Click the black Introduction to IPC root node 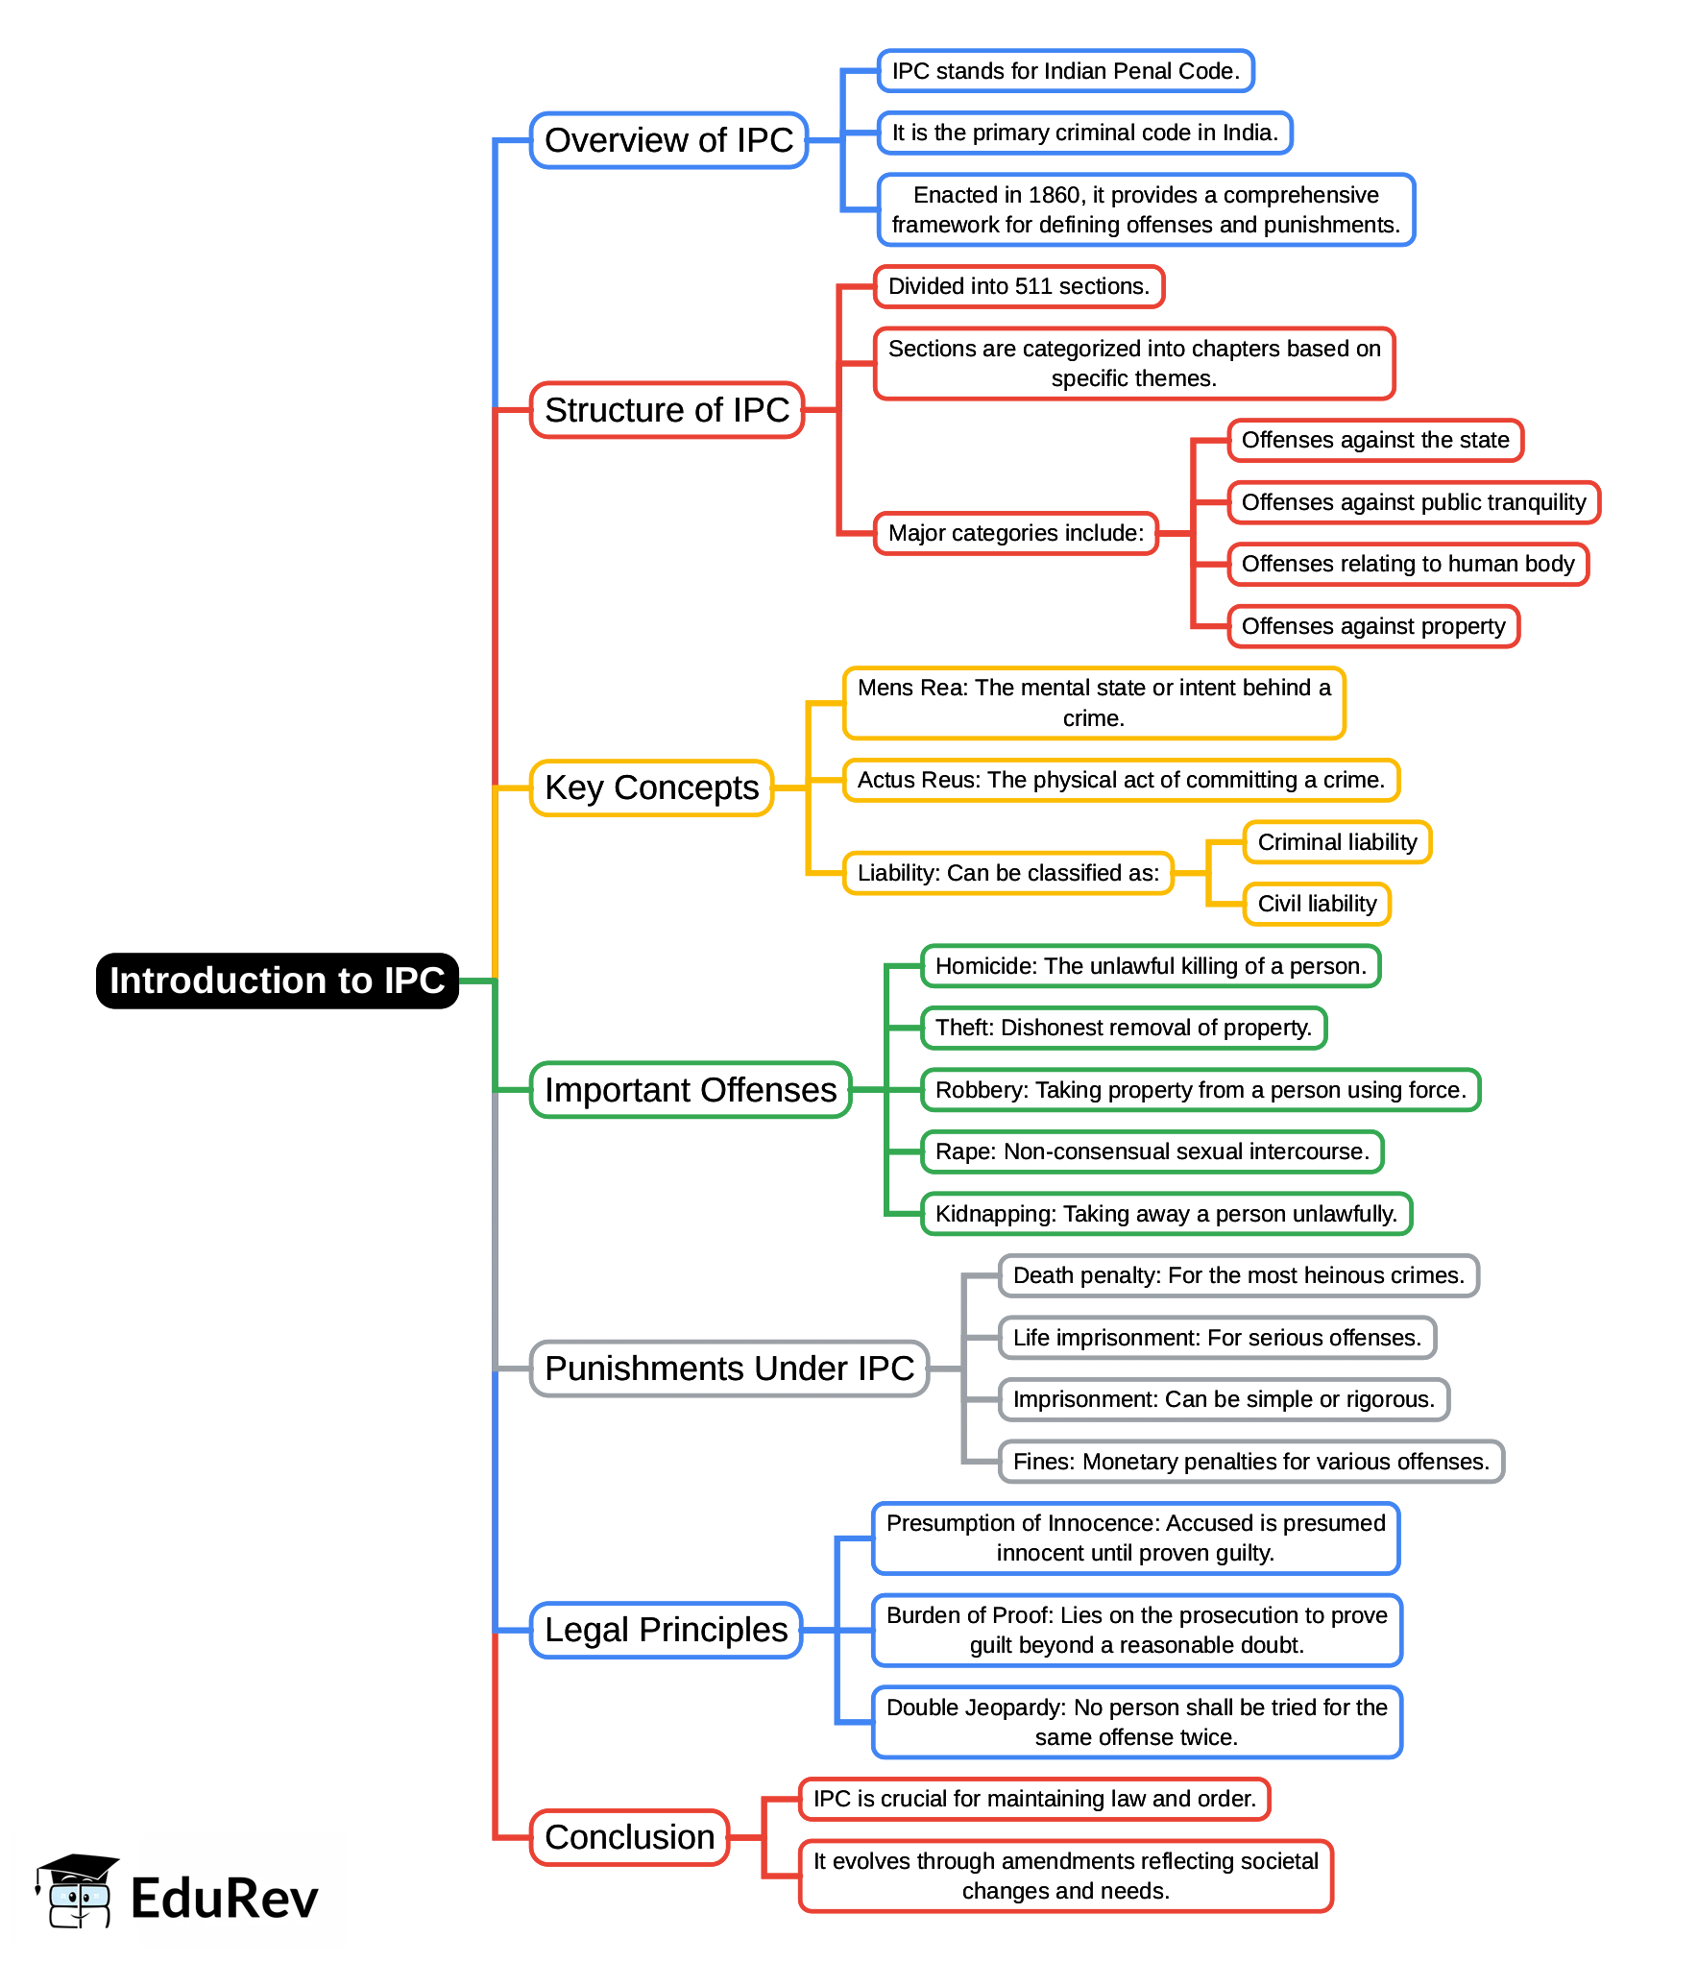click(277, 981)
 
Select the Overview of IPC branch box click(668, 140)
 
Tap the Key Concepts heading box click(651, 787)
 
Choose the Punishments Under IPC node click(729, 1369)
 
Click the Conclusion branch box click(629, 1837)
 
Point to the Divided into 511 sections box click(1018, 286)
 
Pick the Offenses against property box click(1372, 626)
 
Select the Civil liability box click(1317, 904)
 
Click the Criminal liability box click(1337, 842)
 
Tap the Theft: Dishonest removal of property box click(1123, 1028)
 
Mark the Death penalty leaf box click(1238, 1275)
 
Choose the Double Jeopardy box click(1136, 1722)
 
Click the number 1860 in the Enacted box click(1054, 195)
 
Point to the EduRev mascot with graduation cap click(77, 1890)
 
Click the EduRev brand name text click(224, 1899)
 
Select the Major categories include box click(1015, 533)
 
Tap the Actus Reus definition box click(1121, 780)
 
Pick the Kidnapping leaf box click(1166, 1214)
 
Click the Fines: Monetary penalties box click(1250, 1462)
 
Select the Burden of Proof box click(1136, 1630)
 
